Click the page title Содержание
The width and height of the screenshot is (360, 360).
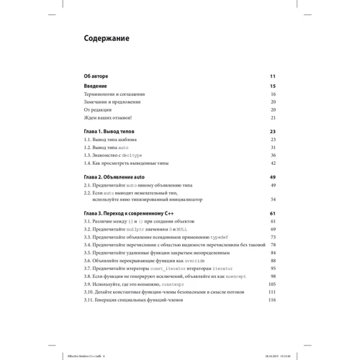pyautogui.click(x=107, y=38)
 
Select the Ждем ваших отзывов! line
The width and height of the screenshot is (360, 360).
pyautogui.click(x=107, y=117)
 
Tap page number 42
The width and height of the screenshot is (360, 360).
pyautogui.click(x=273, y=163)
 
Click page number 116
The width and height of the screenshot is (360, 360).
pyautogui.click(x=272, y=300)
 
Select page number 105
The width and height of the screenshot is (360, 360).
pyautogui.click(x=272, y=284)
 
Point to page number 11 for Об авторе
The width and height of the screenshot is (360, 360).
pyautogui.click(x=273, y=76)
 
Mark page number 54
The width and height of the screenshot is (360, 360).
pyautogui.click(x=273, y=199)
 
